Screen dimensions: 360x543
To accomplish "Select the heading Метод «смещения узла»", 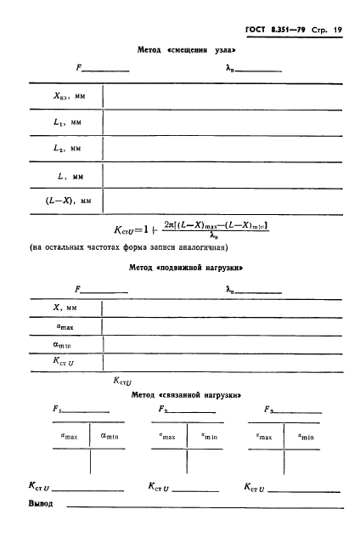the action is click(x=186, y=50).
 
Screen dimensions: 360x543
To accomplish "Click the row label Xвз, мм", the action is click(x=65, y=97).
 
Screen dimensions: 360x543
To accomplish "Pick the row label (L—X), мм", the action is click(x=67, y=201).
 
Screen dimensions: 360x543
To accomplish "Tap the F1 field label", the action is click(x=55, y=409).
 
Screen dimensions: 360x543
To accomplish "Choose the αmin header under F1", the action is click(x=110, y=436).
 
